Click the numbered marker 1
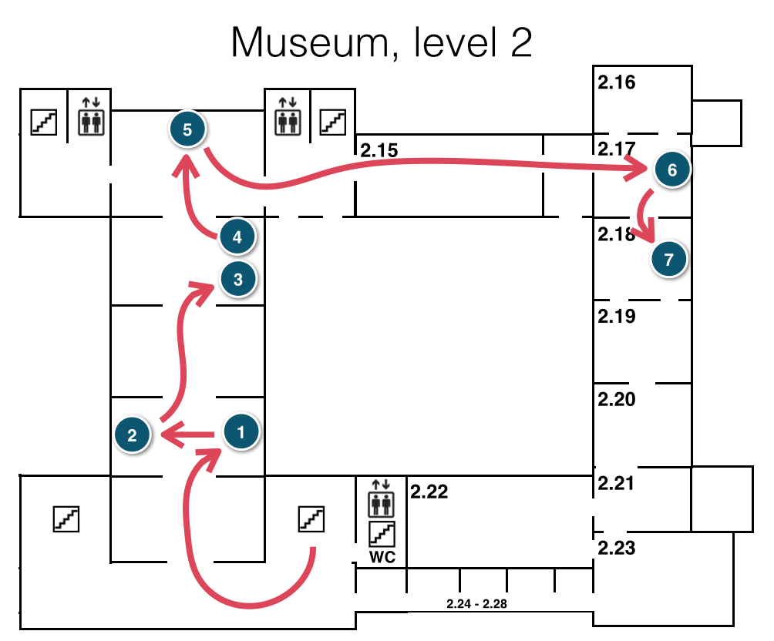click(x=242, y=432)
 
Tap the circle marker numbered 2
click(x=133, y=435)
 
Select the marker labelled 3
click(x=237, y=279)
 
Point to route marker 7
click(x=668, y=259)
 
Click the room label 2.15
click(x=379, y=151)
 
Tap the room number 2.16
click(x=617, y=82)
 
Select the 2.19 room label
click(x=617, y=316)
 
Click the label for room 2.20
click(x=617, y=399)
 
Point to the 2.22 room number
click(x=429, y=492)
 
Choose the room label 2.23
click(x=617, y=549)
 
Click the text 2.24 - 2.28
click(x=476, y=603)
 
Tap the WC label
click(x=382, y=557)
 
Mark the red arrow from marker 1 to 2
click(x=189, y=437)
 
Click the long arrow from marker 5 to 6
click(x=432, y=165)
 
